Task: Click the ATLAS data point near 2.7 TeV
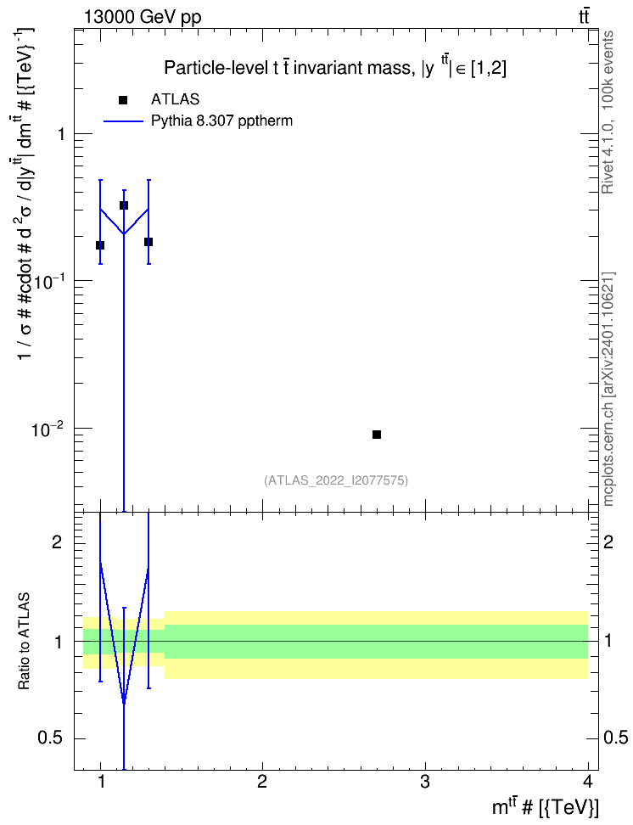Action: click(x=376, y=434)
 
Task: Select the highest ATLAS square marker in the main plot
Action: click(x=124, y=205)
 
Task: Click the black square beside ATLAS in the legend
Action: click(x=123, y=99)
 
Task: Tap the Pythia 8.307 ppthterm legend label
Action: click(x=221, y=121)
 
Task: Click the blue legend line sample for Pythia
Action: click(x=123, y=121)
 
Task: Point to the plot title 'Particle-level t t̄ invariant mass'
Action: click(x=287, y=68)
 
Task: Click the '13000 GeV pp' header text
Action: click(x=143, y=17)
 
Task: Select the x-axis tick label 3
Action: click(x=424, y=782)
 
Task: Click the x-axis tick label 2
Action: click(x=262, y=782)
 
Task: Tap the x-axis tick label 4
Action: click(x=588, y=782)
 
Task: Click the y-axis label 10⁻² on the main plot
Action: click(x=47, y=429)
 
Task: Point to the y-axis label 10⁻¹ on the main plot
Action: click(x=47, y=281)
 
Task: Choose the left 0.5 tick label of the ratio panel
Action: click(x=50, y=738)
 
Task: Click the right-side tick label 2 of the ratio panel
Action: click(x=608, y=542)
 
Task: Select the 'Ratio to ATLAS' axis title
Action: click(x=24, y=642)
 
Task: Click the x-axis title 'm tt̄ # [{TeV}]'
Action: click(x=545, y=807)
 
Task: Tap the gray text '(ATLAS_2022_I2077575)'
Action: click(x=336, y=480)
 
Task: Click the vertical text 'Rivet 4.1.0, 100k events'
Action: click(x=608, y=112)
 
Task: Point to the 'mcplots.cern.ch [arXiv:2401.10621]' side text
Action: click(x=608, y=389)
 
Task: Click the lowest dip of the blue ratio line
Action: click(x=124, y=703)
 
